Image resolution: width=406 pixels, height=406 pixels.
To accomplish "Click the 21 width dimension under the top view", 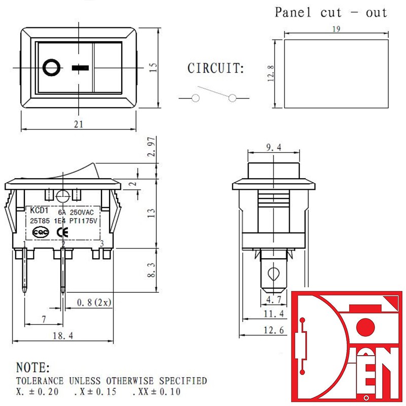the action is (79, 124).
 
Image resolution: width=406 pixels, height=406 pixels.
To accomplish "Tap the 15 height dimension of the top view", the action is (153, 67).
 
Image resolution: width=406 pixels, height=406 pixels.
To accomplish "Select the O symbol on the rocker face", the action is (52, 68).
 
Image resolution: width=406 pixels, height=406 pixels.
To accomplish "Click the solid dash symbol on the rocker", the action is (80, 68).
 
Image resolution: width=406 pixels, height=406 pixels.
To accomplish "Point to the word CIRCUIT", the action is (215, 69).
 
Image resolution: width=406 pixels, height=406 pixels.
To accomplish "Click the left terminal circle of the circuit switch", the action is (195, 98).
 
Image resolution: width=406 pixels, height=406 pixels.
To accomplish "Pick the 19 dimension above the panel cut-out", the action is (336, 29).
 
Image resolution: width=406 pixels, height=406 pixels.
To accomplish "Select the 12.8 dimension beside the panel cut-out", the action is (270, 74).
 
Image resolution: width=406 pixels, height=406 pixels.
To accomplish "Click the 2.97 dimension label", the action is (151, 147).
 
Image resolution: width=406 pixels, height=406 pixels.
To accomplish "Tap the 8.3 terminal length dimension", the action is (151, 270).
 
